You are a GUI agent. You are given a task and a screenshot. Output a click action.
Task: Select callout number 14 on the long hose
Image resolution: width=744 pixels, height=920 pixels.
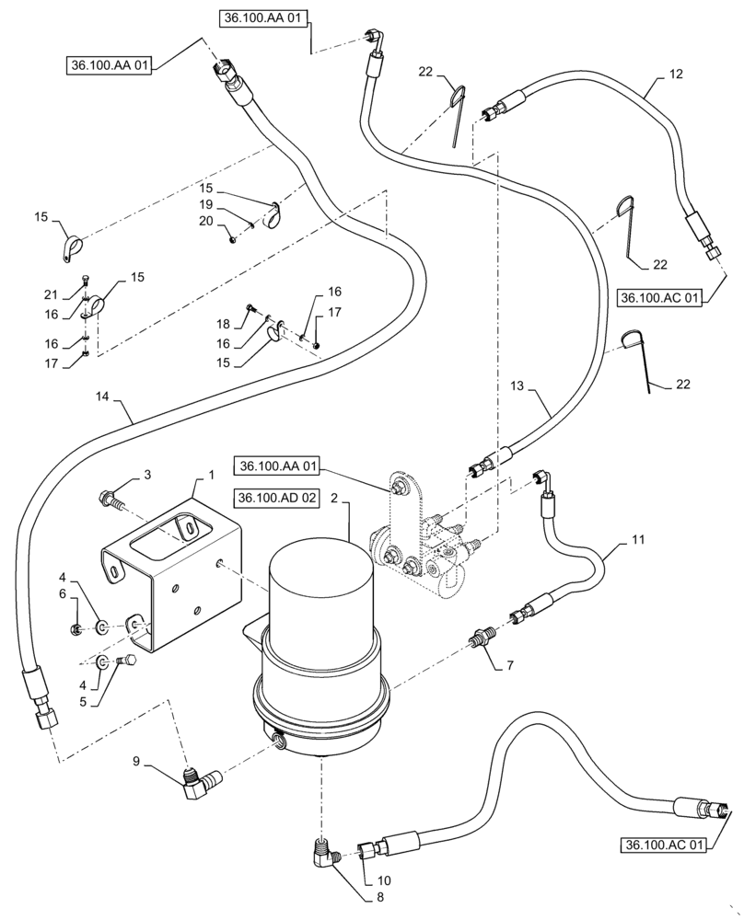(102, 396)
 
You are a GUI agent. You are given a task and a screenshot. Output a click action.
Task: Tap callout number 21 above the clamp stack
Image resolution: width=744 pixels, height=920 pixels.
(49, 293)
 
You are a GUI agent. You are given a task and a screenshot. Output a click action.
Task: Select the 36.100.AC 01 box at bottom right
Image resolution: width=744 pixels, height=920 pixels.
(662, 845)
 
